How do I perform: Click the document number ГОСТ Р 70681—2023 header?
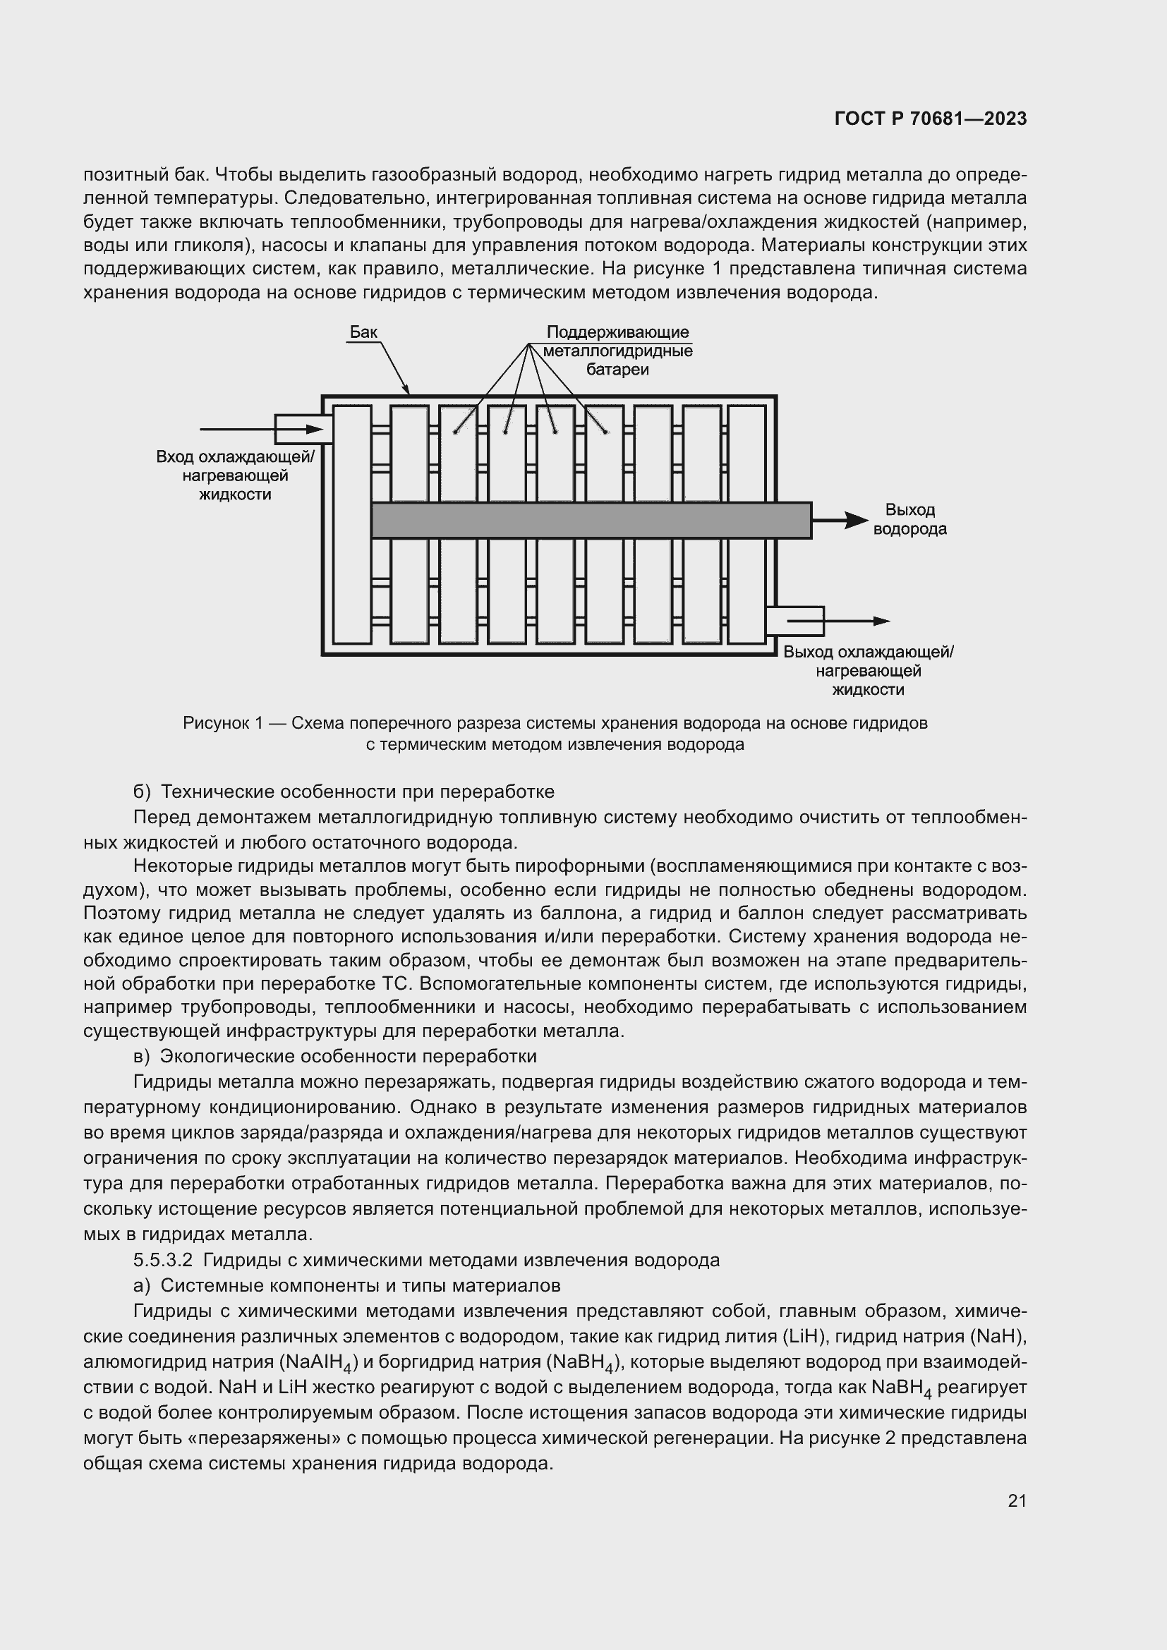pos(931,119)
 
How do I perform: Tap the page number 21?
pos(1017,1500)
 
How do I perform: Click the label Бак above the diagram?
pos(363,332)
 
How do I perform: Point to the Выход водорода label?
pos(909,520)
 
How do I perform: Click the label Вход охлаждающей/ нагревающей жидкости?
pos(235,475)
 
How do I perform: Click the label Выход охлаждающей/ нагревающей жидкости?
pos(868,670)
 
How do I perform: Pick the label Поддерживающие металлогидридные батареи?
pos(617,351)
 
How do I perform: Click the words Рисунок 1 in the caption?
pos(223,723)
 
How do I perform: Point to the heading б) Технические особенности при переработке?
pos(344,791)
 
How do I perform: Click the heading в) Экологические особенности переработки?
pos(335,1056)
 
